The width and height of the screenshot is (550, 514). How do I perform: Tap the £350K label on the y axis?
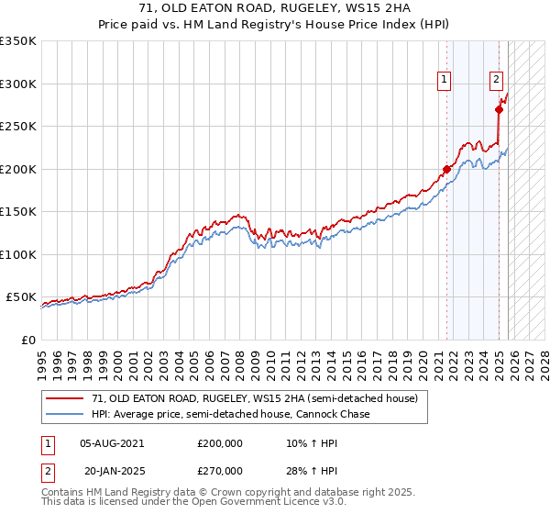point(18,41)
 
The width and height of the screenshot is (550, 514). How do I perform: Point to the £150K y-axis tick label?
point(18,211)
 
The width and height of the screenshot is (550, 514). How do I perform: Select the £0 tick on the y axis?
point(28,340)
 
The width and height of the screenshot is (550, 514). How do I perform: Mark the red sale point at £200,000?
point(446,169)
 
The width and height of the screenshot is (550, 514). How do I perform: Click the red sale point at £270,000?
point(499,110)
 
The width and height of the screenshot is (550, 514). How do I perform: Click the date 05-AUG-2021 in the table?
point(111,442)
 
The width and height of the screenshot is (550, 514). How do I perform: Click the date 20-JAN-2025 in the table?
point(111,470)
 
